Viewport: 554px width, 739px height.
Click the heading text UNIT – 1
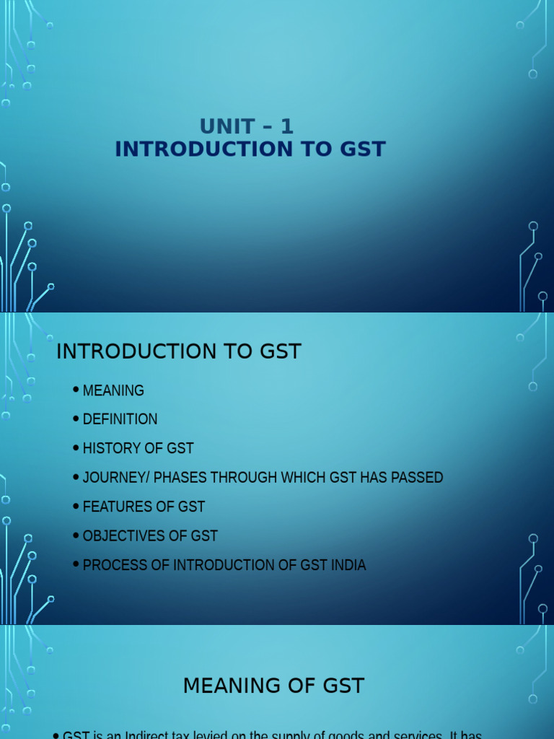tap(247, 126)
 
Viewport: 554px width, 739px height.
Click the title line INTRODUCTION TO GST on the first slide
tap(250, 149)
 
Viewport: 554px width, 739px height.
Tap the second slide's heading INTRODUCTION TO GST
tap(178, 351)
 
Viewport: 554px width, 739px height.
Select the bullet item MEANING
tap(113, 390)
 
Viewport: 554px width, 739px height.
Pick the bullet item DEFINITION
tap(120, 419)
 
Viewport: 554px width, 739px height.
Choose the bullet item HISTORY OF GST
tap(138, 448)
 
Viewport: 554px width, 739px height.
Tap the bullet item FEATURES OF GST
tap(144, 507)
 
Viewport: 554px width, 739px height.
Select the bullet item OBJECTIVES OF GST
tap(150, 535)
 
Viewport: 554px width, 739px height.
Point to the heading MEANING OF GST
tap(273, 685)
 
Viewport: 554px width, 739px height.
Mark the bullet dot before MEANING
tap(76, 390)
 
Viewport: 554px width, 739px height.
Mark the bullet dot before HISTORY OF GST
tap(76, 448)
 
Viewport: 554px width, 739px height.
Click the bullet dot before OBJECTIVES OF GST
tap(76, 535)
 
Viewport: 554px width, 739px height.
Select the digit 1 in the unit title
tap(287, 126)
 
